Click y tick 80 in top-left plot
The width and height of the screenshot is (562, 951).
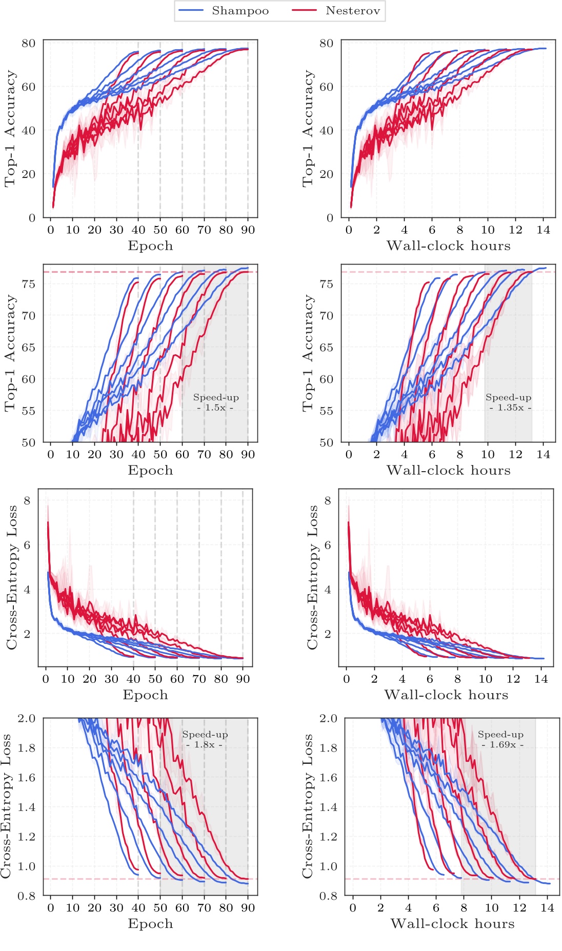(29, 43)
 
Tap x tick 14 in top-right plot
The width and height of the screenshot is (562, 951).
(543, 230)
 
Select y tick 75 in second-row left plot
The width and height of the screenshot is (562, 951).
(29, 284)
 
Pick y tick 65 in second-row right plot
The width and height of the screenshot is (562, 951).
(327, 348)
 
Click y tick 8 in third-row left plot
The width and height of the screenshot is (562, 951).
(27, 500)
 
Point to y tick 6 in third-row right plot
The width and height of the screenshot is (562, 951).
(328, 545)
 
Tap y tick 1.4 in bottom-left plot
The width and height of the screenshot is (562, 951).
(27, 807)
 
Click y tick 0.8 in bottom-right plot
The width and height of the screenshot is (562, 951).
(328, 896)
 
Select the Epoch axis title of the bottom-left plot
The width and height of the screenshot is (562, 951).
(150, 923)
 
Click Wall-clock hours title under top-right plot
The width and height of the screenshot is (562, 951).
(449, 246)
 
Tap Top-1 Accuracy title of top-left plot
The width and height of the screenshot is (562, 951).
(11, 129)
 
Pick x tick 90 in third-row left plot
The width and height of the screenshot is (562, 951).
(243, 679)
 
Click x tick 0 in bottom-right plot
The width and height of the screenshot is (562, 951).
(353, 907)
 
